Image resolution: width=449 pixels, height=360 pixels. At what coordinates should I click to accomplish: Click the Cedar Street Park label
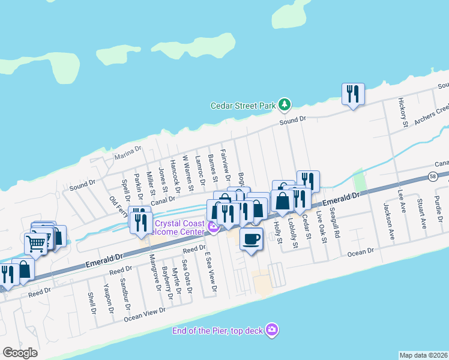coord(243,106)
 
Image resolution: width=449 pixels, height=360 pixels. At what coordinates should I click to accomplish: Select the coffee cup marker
coord(251,238)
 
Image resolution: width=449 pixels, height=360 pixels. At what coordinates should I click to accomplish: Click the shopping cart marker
coord(35,243)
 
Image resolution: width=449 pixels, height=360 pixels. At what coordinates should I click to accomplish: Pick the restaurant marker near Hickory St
coord(352,94)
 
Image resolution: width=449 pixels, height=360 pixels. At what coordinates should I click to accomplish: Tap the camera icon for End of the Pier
coord(272,330)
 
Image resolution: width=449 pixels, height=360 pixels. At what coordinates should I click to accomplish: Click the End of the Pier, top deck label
coord(218,331)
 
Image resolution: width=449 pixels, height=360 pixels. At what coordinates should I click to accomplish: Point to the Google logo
coord(20,353)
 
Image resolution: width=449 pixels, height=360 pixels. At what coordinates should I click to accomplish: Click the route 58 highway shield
coord(433,176)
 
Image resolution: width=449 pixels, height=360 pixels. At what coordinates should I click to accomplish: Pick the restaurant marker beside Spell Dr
coord(140,222)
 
